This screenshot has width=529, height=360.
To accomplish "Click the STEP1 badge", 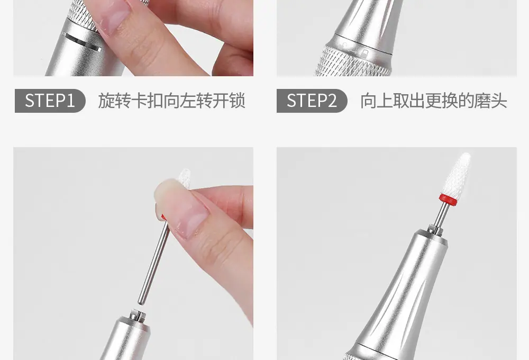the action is tap(50, 101).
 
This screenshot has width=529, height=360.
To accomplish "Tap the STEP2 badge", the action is tap(312, 101).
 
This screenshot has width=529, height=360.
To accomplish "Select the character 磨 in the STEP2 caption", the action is tap(482, 101).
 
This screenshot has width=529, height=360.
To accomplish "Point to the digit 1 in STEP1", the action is tap(70, 101).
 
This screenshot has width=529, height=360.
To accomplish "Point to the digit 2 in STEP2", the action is tap(332, 101).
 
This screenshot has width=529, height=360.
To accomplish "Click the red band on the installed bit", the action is tap(449, 200).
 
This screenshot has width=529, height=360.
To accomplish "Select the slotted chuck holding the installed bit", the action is tap(435, 230).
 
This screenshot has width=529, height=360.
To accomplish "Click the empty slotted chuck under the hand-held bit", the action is tap(138, 315).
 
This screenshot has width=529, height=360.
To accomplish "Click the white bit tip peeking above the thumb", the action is tap(184, 178).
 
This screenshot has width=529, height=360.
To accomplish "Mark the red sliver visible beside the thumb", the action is tap(163, 217).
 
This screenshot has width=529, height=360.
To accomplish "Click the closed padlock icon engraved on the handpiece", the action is tap(364, 53).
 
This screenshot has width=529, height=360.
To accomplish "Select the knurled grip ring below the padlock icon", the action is tap(352, 63).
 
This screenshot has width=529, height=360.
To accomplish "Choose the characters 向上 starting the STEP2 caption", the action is tap(376, 101).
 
